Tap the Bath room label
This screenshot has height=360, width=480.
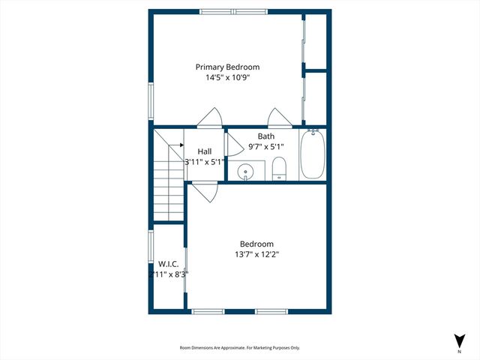pyautogui.click(x=266, y=136)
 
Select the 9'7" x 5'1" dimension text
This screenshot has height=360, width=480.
pyautogui.click(x=266, y=147)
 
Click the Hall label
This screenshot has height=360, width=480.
pyautogui.click(x=205, y=151)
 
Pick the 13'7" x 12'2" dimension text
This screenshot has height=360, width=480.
pyautogui.click(x=256, y=254)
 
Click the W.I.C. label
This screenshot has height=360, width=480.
pyautogui.click(x=166, y=264)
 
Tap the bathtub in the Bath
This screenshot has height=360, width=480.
pyautogui.click(x=312, y=154)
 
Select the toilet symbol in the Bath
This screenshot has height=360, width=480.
pyautogui.click(x=278, y=169)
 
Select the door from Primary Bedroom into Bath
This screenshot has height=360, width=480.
pyautogui.click(x=279, y=118)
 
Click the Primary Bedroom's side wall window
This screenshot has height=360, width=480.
pyautogui.click(x=151, y=100)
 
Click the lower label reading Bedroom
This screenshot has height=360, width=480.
pyautogui.click(x=256, y=244)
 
